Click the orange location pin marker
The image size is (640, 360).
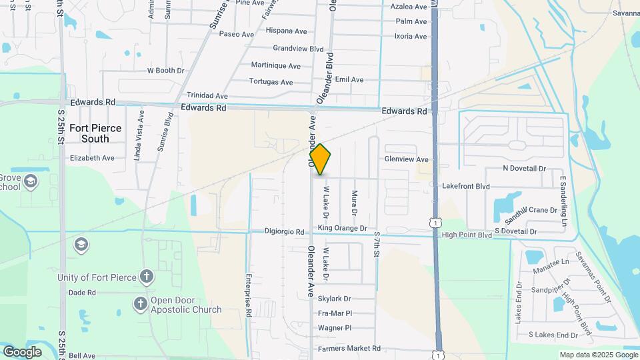point(321,160)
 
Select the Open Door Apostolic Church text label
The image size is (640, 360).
point(186,305)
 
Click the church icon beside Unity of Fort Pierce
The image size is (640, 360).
point(147,276)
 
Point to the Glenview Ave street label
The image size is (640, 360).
point(406,159)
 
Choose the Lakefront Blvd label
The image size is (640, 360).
point(465,187)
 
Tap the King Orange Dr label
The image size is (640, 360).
point(342,228)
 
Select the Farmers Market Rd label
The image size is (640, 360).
point(349,349)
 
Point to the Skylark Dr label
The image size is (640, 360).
point(334,299)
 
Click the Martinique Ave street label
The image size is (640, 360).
point(275,66)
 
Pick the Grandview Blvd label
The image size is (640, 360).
point(298,49)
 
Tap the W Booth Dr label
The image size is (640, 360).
point(165,71)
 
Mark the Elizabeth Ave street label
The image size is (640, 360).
point(92,158)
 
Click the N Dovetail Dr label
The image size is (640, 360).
point(524,169)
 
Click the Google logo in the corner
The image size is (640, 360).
point(22,351)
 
